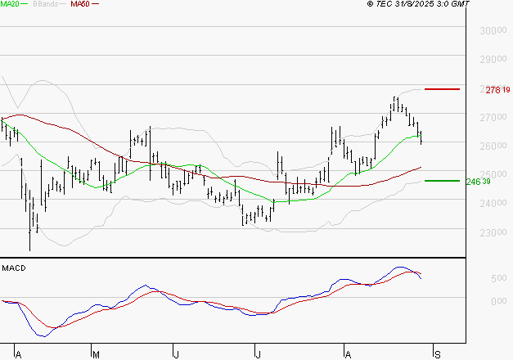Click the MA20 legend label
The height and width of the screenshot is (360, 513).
pos(10,4)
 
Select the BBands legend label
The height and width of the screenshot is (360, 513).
pos(45,4)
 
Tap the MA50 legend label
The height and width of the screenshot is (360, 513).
pos(80,4)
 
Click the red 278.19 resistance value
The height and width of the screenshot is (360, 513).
pos(497,89)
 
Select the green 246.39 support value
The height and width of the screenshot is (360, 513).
pos(497,181)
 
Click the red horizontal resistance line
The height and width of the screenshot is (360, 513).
pos(442,88)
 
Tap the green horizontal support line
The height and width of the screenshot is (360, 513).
pos(442,180)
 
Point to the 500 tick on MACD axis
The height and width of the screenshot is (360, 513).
pos(498,279)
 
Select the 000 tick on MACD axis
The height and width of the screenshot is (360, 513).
pos(498,301)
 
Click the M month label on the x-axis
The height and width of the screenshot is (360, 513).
pos(96,354)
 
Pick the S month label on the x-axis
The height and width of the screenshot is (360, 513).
pos(437,354)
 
